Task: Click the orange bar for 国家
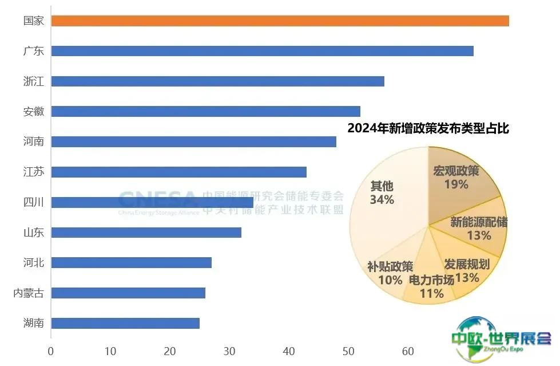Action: [280, 21]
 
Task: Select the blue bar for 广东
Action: [262, 51]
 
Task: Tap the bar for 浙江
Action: [217, 81]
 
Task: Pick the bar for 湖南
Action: [125, 324]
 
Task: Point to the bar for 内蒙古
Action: [128, 293]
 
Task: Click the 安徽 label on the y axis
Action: [34, 111]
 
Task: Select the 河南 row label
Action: [34, 141]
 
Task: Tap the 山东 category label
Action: [34, 233]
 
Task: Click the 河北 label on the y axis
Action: [34, 263]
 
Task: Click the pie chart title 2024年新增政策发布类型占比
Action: [428, 129]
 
